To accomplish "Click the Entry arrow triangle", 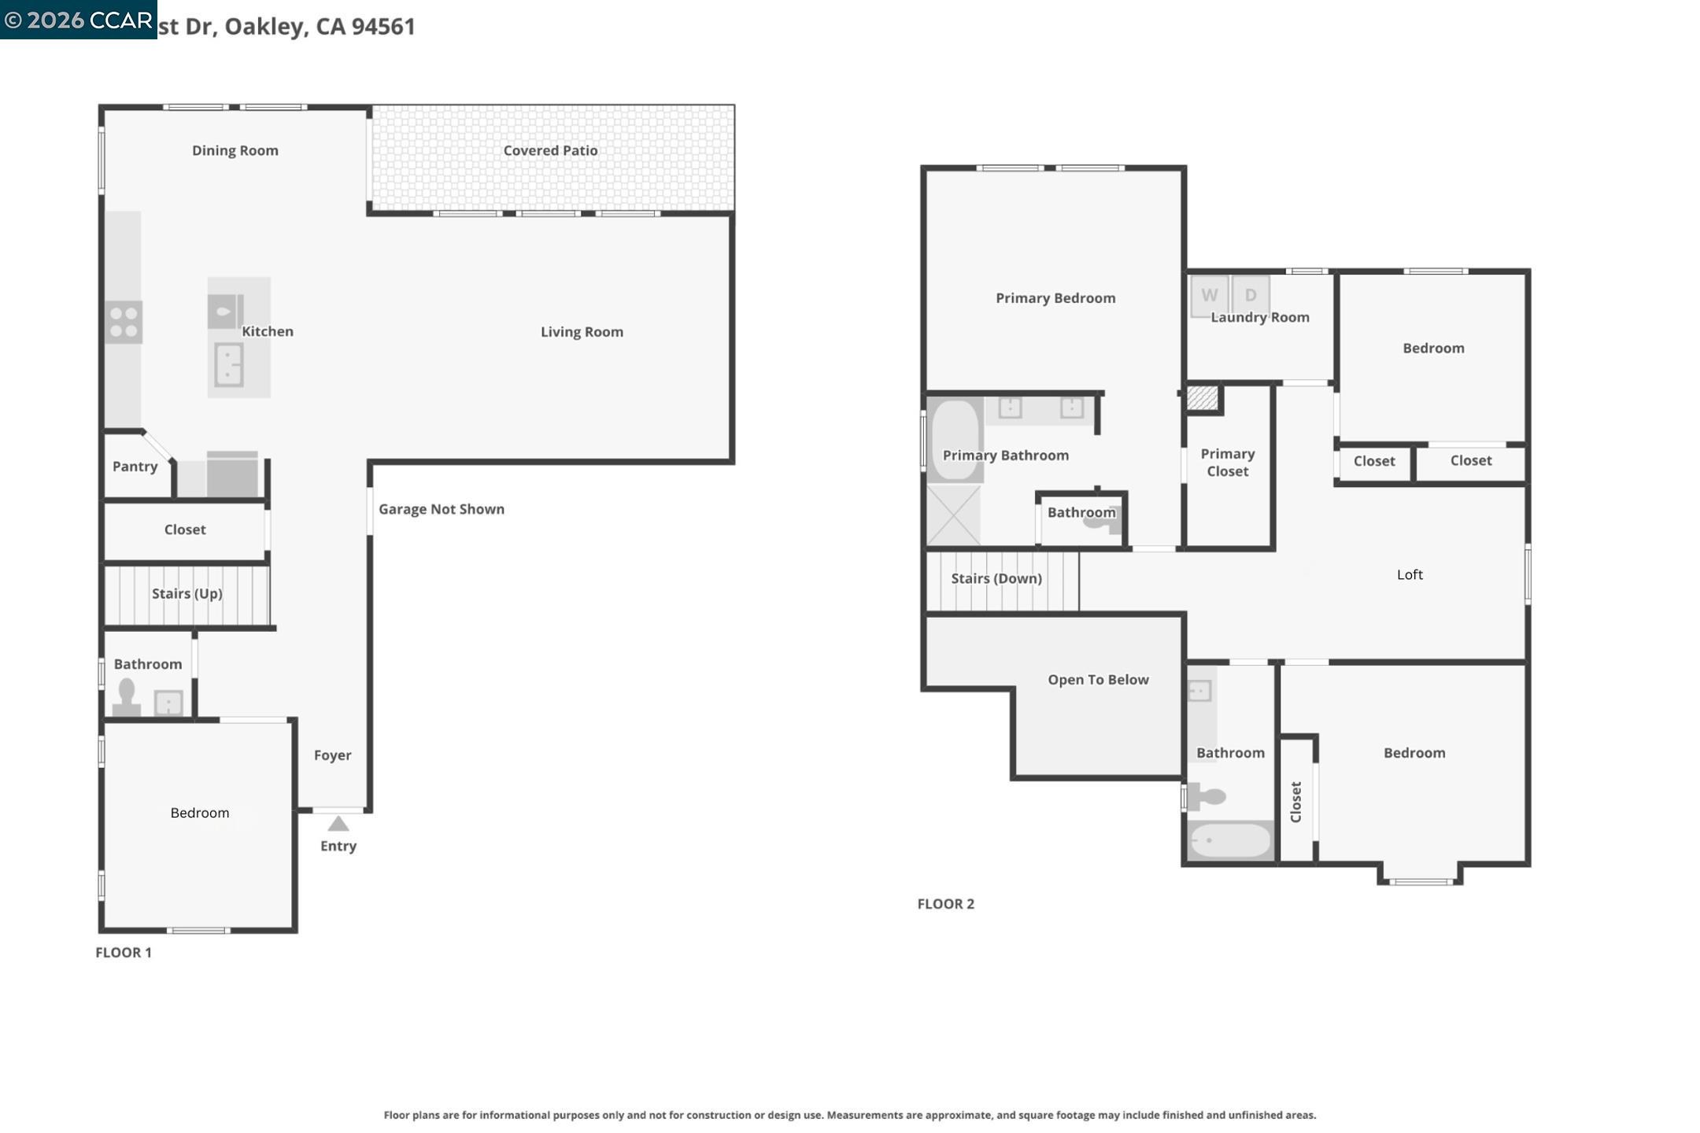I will click(x=338, y=824).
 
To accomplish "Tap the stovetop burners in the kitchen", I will click(x=124, y=323).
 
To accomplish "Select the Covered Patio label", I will click(x=550, y=150).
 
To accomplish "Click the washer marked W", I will click(x=1209, y=296).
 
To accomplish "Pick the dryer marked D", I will click(x=1251, y=296).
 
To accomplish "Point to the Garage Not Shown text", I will click(x=442, y=509).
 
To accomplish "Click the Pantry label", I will click(x=135, y=467).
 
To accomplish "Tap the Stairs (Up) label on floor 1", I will click(x=187, y=593).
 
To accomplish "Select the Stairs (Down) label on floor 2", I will click(x=996, y=578).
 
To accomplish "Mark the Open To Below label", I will click(x=1098, y=680).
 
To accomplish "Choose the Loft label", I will click(x=1410, y=574).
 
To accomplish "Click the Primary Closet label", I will click(x=1227, y=463).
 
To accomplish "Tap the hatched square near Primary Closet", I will click(x=1202, y=397).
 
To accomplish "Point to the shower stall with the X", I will click(x=953, y=515).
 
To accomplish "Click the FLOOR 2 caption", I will click(x=945, y=904).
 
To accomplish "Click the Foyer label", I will click(x=332, y=755).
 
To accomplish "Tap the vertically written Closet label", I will click(x=1295, y=802).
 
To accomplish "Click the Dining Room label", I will click(x=235, y=150).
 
